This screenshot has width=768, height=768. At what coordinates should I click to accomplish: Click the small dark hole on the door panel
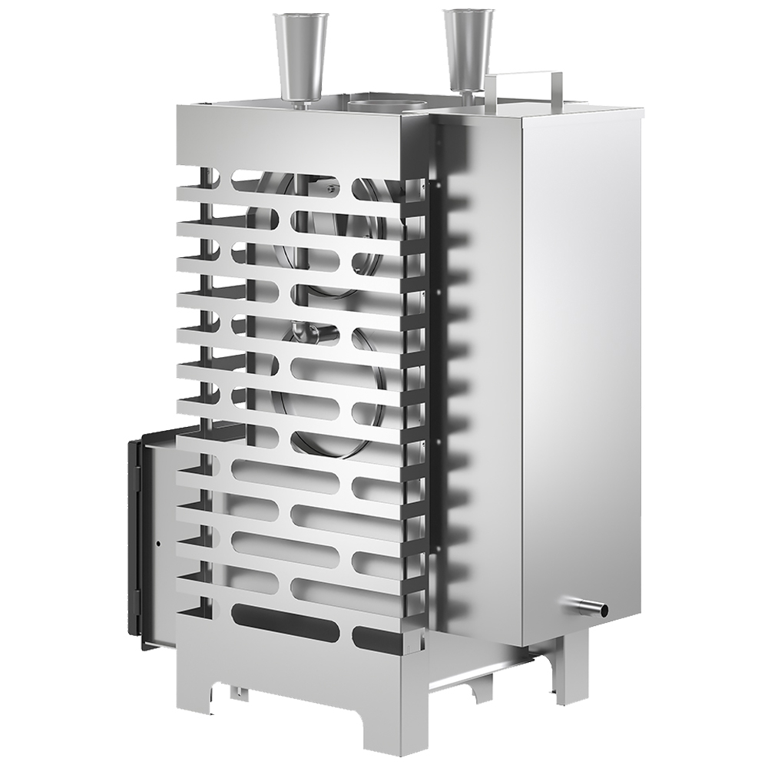tap(158, 544)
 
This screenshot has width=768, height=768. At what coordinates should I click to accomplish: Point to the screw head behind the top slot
tap(330, 187)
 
